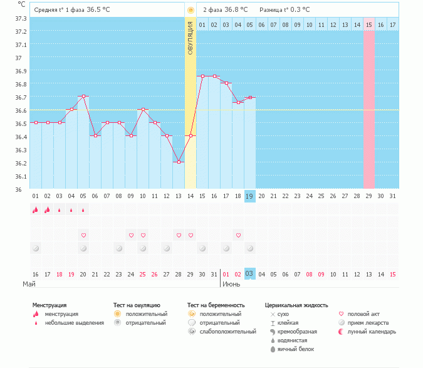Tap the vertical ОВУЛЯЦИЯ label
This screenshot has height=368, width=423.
pos(191,38)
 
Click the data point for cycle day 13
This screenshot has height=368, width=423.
pos(179,162)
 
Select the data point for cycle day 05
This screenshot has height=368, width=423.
pos(83,97)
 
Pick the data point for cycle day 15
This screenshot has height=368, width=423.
pos(202,76)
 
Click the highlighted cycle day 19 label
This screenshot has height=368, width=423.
pos(249,196)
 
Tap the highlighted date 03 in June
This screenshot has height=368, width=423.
pos(249,274)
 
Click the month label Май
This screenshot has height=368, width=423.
pos(28,284)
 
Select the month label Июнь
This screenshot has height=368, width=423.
pos(231,284)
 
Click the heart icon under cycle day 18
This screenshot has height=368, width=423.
pos(238,235)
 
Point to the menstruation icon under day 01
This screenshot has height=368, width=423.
pos(36,210)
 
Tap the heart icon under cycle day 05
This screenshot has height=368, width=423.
pos(83,235)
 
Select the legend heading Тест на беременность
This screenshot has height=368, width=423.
pos(216,305)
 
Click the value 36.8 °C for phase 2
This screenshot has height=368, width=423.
pos(236,10)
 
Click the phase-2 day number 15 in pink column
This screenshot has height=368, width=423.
pos(368,24)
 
